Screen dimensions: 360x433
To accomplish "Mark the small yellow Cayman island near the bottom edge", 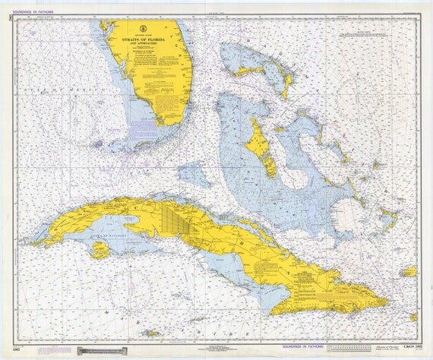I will click(x=152, y=333).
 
